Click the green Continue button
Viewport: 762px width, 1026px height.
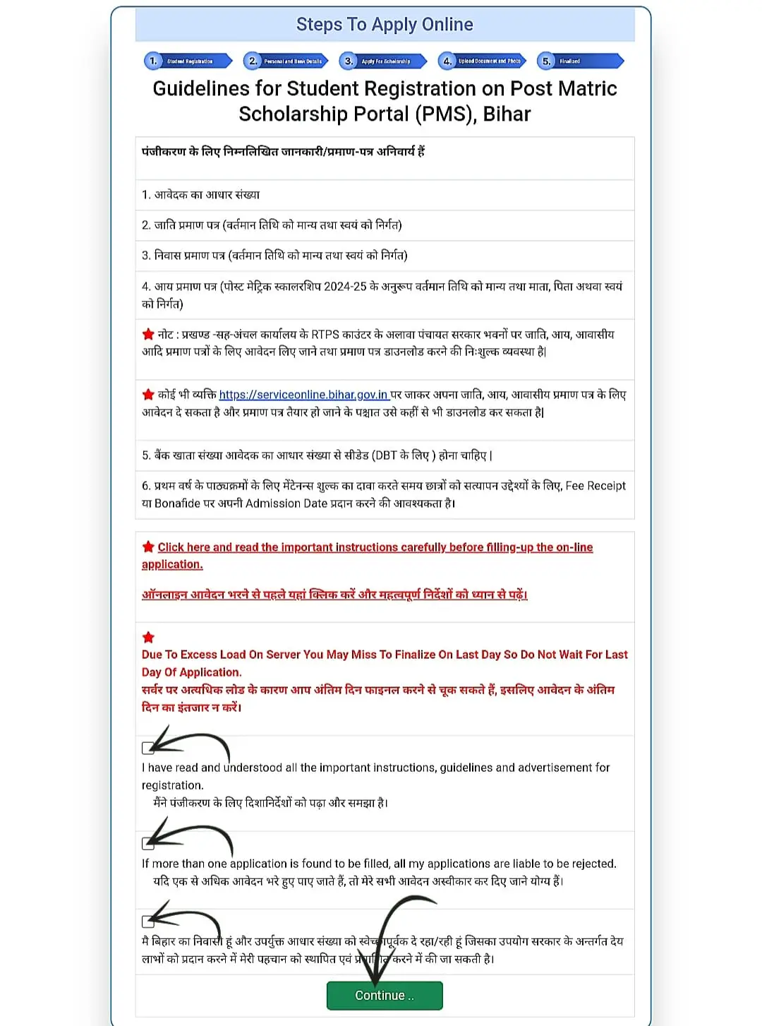[x=385, y=995]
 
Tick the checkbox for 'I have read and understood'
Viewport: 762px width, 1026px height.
[x=147, y=748]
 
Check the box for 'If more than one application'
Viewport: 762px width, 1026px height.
[x=147, y=843]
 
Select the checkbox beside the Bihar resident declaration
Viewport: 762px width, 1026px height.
[x=147, y=921]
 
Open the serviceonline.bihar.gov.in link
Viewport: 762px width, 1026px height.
[x=303, y=395]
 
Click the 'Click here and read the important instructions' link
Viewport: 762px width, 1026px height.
[x=375, y=547]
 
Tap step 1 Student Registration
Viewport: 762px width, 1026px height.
[x=188, y=61]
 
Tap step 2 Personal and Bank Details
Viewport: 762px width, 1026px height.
[x=286, y=61]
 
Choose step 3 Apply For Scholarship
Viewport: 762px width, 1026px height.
[x=383, y=61]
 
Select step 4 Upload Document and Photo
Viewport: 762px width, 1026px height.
[x=483, y=61]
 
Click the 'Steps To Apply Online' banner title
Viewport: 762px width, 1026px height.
[x=385, y=25]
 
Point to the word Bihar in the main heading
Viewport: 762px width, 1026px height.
[x=507, y=114]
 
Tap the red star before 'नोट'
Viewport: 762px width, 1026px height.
[x=148, y=334]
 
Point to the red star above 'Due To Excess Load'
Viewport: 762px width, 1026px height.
[x=148, y=637]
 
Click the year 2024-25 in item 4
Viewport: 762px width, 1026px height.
[x=345, y=287]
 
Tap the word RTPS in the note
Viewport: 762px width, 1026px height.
[x=325, y=334]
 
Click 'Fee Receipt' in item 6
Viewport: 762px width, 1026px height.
[x=595, y=486]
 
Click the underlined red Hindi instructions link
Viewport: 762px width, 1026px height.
[x=334, y=595]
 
